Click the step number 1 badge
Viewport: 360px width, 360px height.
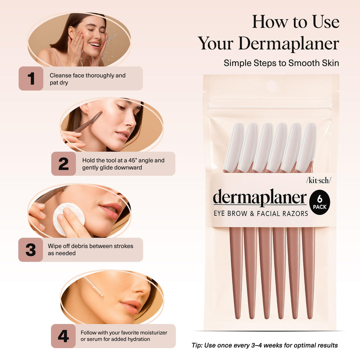pos(31,78)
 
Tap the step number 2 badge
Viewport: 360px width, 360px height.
pos(63,164)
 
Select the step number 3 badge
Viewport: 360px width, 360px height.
pos(31,250)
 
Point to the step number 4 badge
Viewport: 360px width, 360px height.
pos(63,336)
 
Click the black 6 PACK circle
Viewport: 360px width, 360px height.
pos(320,202)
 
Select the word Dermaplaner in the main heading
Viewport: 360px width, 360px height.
pos(288,44)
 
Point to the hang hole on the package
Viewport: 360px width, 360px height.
pos(271,86)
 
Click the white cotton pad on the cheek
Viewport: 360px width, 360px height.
pos(68,218)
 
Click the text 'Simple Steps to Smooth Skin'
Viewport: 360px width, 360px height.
pos(281,63)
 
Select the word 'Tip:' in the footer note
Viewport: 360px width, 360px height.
pos(197,345)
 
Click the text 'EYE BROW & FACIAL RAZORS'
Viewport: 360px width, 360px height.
pos(261,213)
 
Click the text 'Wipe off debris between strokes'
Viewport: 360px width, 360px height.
pos(90,246)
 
